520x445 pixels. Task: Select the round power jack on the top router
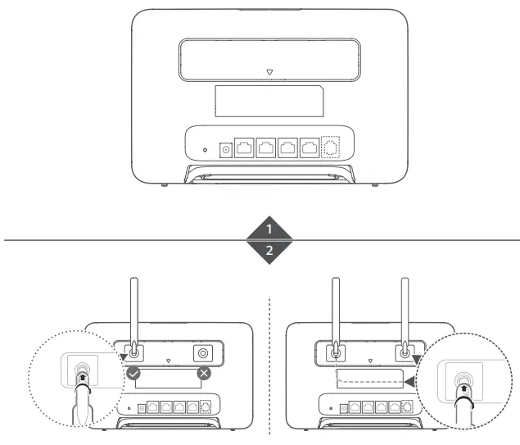pyautogui.click(x=226, y=149)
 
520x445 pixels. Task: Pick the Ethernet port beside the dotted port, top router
pyautogui.click(x=310, y=148)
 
